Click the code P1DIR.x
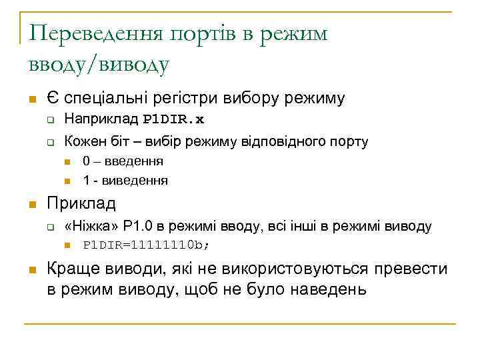tap(174, 121)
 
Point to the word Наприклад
tap(102, 121)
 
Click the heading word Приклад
tap(81, 203)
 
